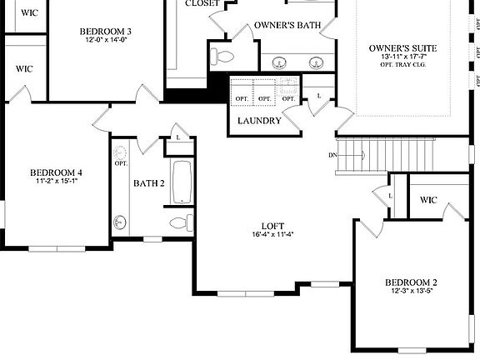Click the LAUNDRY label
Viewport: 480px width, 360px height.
pos(259,121)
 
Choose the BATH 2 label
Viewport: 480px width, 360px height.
pos(149,182)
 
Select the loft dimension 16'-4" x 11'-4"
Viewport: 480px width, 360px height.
pos(272,234)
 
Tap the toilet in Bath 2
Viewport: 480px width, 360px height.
pos(178,222)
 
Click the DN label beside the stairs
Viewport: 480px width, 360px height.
pos(332,156)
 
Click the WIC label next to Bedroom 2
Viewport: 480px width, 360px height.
pos(428,200)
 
